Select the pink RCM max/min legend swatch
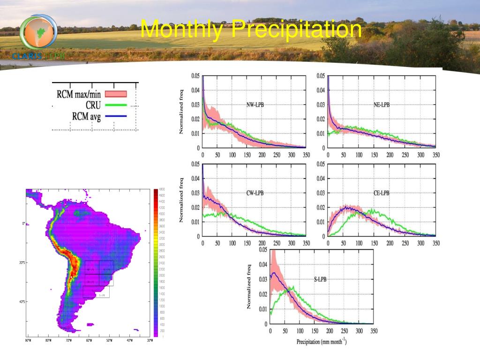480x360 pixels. (115, 94)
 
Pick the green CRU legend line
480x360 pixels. (115, 105)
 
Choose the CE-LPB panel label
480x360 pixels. (381, 193)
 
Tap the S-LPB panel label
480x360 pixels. (320, 280)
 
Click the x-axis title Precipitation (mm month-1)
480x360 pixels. (322, 341)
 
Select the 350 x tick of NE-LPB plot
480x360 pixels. (435, 155)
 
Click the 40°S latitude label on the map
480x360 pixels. (22, 302)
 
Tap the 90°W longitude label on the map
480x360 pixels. (28, 341)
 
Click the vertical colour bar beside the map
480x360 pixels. (156, 262)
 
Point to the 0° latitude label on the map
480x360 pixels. (23, 224)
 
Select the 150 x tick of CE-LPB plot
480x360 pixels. (374, 243)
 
